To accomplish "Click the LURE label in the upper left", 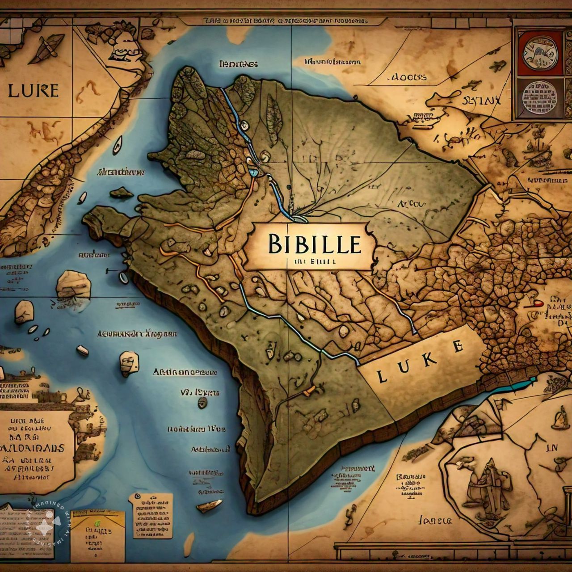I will (33, 91).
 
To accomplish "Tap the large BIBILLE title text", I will (315, 244).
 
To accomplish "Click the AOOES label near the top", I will (408, 77).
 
